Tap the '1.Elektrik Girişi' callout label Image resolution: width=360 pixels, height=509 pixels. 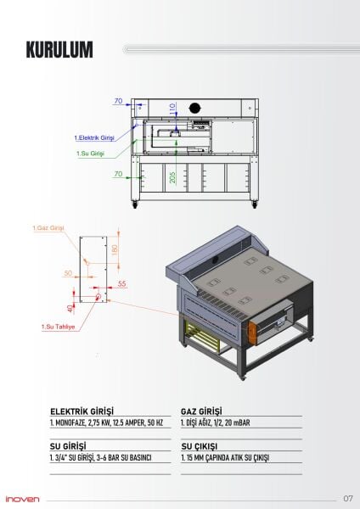pyautogui.click(x=94, y=137)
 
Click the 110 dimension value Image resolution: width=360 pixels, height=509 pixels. pyautogui.click(x=173, y=109)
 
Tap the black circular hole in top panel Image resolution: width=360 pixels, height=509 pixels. pyautogui.click(x=194, y=107)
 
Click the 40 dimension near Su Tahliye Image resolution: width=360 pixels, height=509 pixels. pyautogui.click(x=70, y=308)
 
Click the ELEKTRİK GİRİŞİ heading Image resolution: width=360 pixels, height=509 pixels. pyautogui.click(x=82, y=409)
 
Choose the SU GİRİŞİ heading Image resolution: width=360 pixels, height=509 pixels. pyautogui.click(x=70, y=445)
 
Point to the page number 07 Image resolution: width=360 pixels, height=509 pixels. pyautogui.click(x=348, y=498)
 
